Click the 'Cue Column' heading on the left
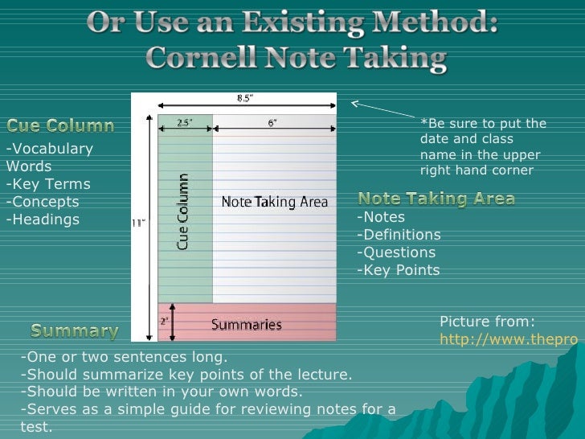coord(60,126)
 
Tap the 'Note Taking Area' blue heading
coord(436,199)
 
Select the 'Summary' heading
coord(75,330)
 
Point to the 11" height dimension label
coord(139,224)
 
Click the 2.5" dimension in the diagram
coord(186,123)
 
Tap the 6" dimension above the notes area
coord(272,123)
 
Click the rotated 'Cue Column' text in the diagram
coord(183,211)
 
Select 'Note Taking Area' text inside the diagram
coord(275,203)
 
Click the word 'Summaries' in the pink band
coord(247,325)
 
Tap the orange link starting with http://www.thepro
coord(509,339)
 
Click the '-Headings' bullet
coord(43,219)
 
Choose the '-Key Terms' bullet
coord(48,184)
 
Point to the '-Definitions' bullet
coord(399,235)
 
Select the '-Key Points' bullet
coord(399,270)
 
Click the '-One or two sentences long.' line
coord(124,357)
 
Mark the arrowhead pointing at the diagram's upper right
coord(354,102)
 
